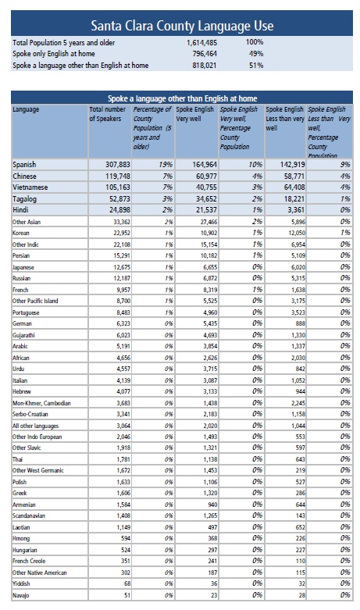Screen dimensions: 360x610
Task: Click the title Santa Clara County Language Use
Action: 182,26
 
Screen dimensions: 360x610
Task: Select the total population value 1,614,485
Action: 201,43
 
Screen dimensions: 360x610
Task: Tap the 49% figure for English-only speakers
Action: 256,54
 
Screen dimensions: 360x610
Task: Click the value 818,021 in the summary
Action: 204,66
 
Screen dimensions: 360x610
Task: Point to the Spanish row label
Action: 24,165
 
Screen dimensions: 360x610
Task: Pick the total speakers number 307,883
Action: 118,165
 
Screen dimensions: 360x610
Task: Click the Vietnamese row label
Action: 30,187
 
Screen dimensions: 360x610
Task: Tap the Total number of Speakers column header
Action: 107,114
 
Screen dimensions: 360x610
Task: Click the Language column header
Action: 26,109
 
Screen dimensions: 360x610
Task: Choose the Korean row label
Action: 20,233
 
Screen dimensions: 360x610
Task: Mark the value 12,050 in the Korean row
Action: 297,233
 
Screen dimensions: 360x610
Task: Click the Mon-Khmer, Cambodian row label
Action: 41,403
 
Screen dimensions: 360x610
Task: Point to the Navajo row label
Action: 20,595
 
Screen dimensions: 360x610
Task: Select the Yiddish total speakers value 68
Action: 127,583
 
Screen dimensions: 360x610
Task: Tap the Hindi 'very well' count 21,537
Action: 205,210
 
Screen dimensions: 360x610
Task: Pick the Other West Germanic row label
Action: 38,470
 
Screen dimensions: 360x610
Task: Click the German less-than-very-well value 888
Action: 300,323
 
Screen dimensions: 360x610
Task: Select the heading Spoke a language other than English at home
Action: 182,98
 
